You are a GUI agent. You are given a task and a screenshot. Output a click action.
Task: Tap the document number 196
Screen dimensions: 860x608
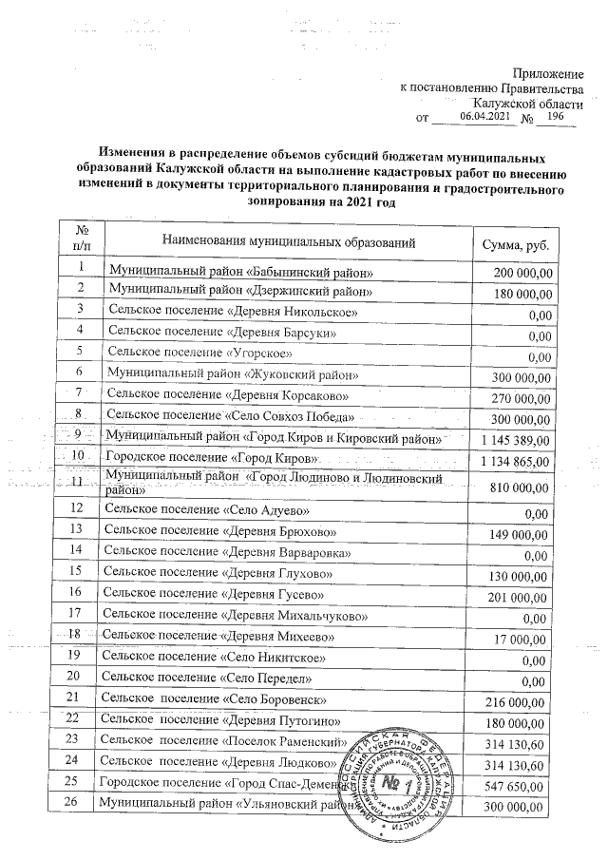pyautogui.click(x=556, y=116)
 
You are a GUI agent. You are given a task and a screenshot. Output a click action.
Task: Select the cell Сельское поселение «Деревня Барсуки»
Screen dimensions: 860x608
pyautogui.click(x=220, y=334)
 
